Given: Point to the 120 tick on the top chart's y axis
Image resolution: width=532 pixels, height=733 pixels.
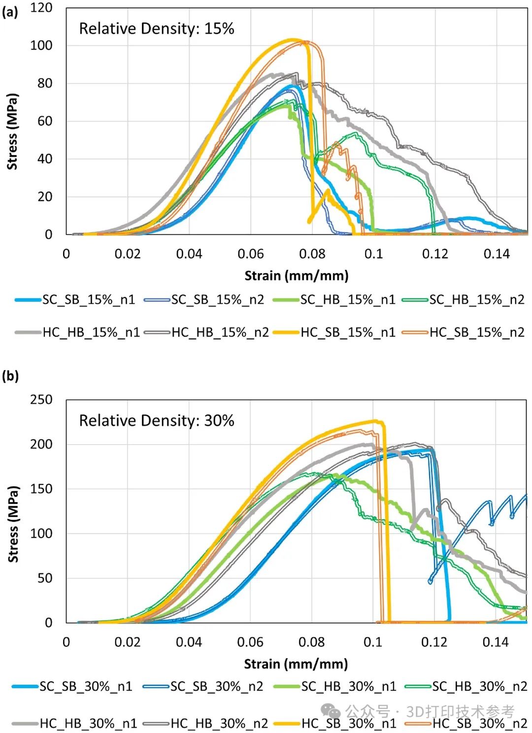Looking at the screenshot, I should (x=41, y=8).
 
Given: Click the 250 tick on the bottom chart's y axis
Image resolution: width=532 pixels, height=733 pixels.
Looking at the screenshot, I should (x=41, y=400).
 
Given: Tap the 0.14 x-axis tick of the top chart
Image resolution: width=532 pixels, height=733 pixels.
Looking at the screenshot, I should (x=497, y=254).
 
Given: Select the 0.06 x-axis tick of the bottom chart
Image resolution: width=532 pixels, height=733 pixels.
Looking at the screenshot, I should (x=250, y=642).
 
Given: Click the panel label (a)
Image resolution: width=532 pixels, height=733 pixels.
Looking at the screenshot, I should (x=10, y=12).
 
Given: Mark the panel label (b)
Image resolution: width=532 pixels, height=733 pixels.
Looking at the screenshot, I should (x=10, y=377).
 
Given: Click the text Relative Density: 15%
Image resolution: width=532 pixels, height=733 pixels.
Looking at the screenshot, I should (x=157, y=29).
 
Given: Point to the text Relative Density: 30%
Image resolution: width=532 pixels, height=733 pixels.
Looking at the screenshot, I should (x=157, y=421).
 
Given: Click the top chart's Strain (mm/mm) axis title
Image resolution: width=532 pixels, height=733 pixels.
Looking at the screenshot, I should (x=297, y=276).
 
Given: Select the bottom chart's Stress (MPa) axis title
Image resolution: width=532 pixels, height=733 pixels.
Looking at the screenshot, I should (x=13, y=524).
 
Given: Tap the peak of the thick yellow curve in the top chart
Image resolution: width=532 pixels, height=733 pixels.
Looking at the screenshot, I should (x=294, y=40).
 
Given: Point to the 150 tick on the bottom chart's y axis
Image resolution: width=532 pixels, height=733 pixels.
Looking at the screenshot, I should (x=41, y=489).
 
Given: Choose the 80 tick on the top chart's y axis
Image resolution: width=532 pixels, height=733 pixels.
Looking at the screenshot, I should (x=45, y=83).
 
